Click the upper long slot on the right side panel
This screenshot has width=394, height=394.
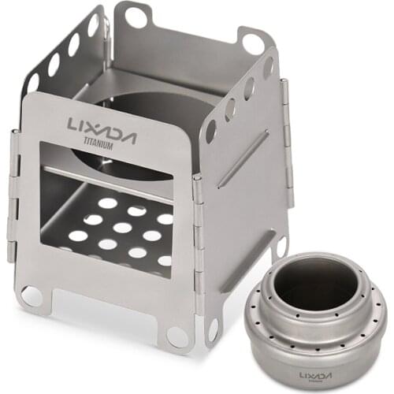pyautogui.click(x=243, y=158)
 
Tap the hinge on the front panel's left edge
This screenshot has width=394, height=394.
pyautogui.click(x=13, y=197)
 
